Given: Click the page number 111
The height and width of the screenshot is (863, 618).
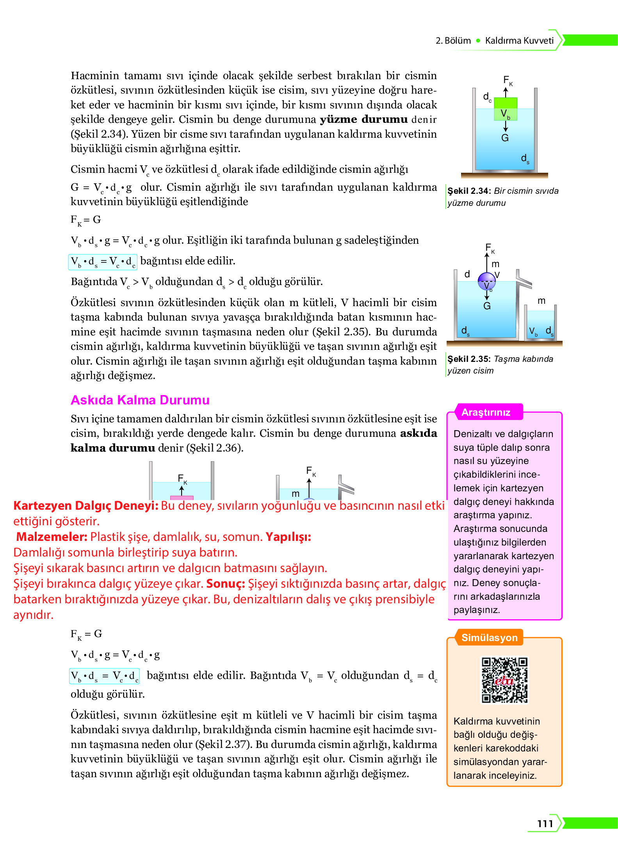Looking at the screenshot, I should pos(545,823).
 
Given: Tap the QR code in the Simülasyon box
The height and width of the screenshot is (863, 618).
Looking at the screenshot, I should pos(504,680).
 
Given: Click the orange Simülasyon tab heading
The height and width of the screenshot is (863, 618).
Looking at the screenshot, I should pos(489,638).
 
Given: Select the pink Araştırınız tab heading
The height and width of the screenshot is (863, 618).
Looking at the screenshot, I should pos(486,412).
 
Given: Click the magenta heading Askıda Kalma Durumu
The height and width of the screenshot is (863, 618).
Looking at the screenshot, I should pos(140,400).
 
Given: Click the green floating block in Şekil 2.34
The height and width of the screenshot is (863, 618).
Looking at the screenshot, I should pos(505,108).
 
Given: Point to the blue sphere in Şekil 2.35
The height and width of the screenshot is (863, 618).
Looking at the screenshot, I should pos(486,281).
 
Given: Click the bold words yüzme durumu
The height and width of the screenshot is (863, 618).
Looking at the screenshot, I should pos(363,119).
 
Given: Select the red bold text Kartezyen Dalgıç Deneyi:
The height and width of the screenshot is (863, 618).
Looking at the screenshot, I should pos(85,505).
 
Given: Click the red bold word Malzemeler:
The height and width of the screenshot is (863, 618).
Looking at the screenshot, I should pos(52,537).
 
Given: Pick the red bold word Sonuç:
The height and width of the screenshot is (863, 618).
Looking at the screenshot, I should pos(225,583).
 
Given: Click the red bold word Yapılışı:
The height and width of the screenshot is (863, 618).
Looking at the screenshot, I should pos(288,537).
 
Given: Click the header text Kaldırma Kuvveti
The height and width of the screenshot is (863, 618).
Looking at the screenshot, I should pos(519,41).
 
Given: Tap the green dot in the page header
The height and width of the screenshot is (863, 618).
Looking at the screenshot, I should pos(478,41).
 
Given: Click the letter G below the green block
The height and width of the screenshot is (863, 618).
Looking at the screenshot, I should pos(505,138).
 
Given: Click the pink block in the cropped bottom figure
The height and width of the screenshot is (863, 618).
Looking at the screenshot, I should pos(182,498).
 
